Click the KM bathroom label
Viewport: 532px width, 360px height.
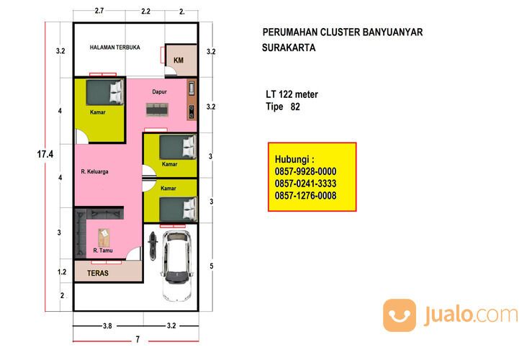pos(179,60)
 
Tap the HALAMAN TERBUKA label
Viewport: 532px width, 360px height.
pos(114,48)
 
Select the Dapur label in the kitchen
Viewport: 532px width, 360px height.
pos(159,91)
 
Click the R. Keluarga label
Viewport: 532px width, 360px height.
pos(94,171)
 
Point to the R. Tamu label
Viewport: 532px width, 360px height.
pos(103,251)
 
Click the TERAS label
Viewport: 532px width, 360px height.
pos(98,273)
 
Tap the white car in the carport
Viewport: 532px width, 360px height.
pos(176,266)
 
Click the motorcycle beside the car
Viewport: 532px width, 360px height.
pos(153,246)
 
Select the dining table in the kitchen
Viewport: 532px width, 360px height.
pos(157,109)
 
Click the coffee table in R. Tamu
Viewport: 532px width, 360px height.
pos(104,238)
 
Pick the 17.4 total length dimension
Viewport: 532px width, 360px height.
pos(45,154)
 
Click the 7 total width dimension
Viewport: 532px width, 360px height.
pos(137,339)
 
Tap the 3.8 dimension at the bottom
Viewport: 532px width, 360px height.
pos(107,325)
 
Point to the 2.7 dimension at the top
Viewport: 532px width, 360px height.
pos(99,11)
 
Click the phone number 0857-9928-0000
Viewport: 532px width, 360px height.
pos(305,171)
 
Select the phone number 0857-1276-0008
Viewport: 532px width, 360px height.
pos(305,196)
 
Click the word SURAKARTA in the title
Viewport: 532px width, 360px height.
pos(289,48)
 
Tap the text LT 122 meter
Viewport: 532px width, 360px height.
pos(292,94)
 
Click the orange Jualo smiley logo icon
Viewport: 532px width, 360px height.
pos(400,315)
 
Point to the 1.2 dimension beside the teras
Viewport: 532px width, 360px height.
pos(62,271)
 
